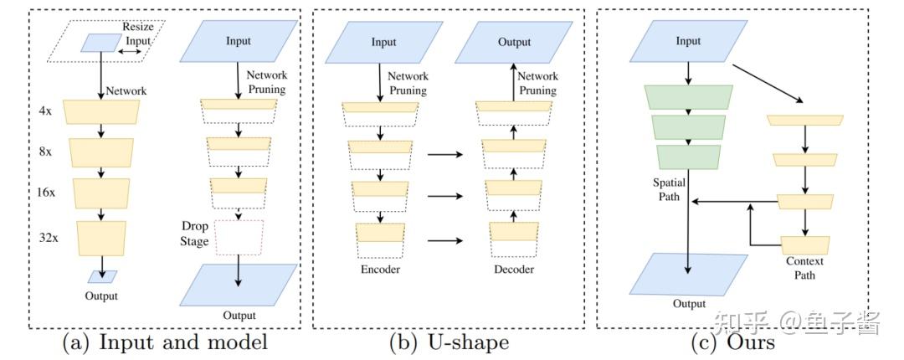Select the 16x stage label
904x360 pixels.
pos(47,191)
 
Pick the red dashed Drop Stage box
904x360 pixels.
pos(239,237)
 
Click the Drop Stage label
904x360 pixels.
pos(194,234)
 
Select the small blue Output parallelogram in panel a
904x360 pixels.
pos(104,276)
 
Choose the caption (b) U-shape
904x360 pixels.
pos(449,342)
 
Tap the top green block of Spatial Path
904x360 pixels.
pos(689,96)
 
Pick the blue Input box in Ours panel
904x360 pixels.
pos(688,42)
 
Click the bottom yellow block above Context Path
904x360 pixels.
pos(805,244)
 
